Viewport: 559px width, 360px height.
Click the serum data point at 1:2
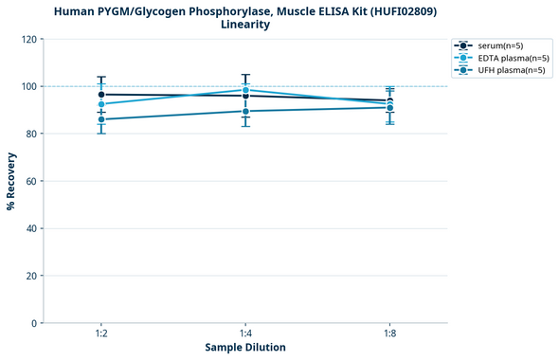(x=101, y=95)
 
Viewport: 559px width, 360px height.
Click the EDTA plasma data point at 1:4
(x=245, y=90)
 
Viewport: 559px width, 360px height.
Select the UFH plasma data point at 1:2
(x=101, y=119)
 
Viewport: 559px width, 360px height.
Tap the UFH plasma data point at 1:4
(x=245, y=111)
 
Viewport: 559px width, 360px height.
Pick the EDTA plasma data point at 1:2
(x=101, y=104)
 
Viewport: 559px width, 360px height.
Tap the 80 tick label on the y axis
(x=29, y=134)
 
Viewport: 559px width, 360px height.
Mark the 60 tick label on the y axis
(x=29, y=181)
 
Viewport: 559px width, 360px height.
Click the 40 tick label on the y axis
(x=29, y=228)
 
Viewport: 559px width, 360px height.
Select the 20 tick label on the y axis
(x=29, y=276)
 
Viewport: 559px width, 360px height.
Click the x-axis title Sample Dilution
(x=245, y=348)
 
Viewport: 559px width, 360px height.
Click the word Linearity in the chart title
(x=245, y=25)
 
